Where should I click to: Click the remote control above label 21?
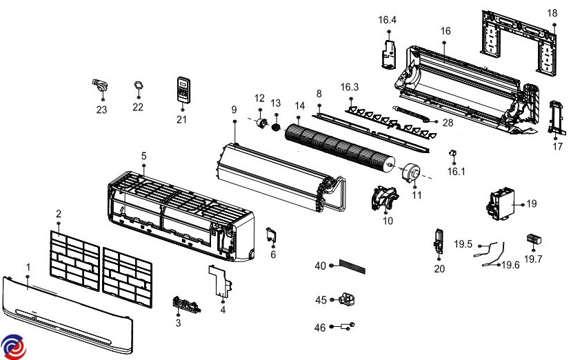coord(182,89)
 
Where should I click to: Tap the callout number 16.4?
coord(387,20)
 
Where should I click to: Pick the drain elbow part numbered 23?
coord(101,86)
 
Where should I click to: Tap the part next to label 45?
coord(348,299)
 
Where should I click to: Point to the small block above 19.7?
coord(534,239)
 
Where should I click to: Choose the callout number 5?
coord(143,156)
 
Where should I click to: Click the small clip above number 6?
coord(272,235)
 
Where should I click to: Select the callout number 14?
coord(299,106)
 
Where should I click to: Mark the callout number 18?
coord(552,13)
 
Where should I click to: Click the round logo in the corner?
coord(13,346)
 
